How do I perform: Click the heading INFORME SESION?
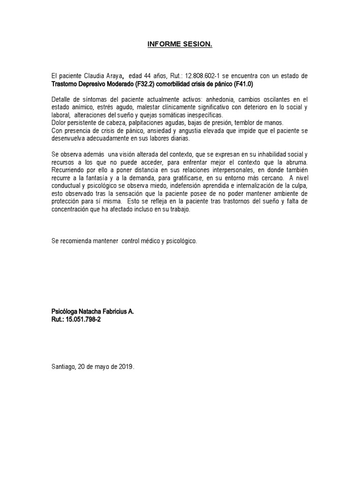tap(180, 45)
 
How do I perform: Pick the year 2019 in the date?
tap(126, 367)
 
